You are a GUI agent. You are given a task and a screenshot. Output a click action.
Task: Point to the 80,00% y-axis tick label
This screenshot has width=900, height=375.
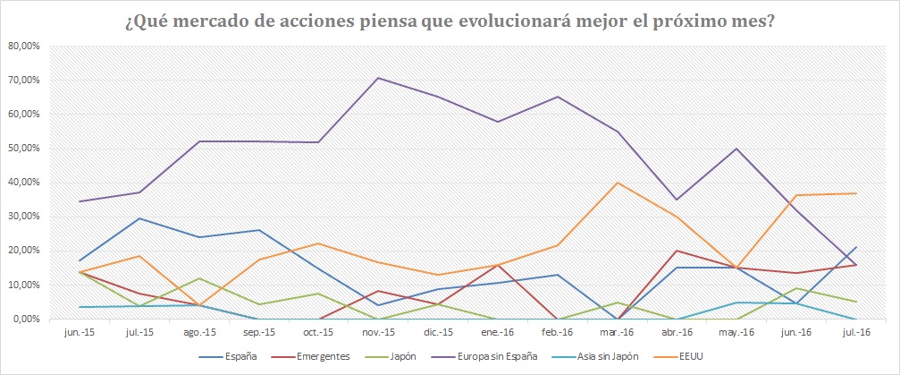[24, 46]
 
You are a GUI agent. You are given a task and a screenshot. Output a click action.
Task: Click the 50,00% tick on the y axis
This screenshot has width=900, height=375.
[24, 148]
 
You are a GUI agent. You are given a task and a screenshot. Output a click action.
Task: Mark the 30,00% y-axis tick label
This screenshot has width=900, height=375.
[24, 217]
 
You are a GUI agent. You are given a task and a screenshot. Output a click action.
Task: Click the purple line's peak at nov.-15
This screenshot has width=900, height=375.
[378, 78]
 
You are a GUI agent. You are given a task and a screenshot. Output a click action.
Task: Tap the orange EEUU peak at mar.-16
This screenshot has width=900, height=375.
[617, 183]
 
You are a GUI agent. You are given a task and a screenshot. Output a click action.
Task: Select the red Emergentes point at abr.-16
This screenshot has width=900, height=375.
[677, 251]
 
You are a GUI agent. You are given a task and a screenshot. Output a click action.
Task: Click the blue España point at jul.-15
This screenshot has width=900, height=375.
[139, 218]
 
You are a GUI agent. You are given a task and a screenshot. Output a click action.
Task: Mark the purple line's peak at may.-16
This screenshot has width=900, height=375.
[736, 149]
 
